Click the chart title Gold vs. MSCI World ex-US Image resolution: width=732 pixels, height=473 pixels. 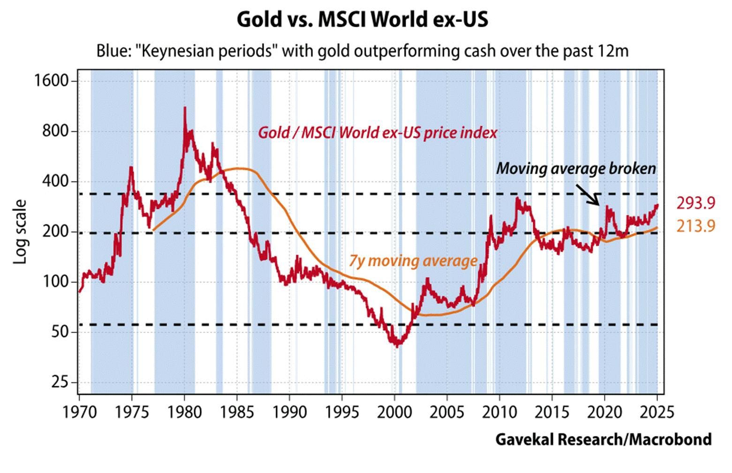[362, 20]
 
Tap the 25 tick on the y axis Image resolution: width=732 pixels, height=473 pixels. [60, 383]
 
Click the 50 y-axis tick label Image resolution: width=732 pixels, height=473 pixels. [60, 332]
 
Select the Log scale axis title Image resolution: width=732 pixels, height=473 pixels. [21, 232]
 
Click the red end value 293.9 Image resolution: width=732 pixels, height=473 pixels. [695, 203]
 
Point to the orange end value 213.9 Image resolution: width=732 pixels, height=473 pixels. [695, 226]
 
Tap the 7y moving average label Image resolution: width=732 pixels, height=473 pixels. [413, 261]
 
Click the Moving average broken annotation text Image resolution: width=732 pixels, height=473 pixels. [576, 168]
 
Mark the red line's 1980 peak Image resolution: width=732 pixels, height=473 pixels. [185, 108]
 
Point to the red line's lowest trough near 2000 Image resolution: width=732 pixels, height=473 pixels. [397, 347]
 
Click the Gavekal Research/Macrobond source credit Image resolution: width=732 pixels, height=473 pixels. [603, 439]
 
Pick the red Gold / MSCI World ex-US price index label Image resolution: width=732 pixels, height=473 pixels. [377, 133]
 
